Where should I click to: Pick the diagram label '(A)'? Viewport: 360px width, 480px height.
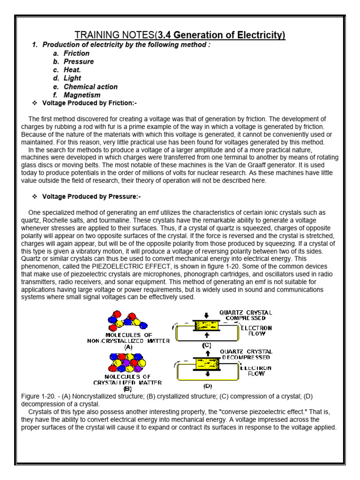(x=128, y=347)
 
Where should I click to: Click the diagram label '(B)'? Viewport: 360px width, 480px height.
(x=127, y=389)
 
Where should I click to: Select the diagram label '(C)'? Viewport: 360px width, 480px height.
(x=207, y=345)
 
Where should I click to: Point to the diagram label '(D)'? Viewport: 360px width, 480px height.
(x=207, y=386)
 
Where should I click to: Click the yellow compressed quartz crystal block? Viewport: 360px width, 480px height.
(x=207, y=326)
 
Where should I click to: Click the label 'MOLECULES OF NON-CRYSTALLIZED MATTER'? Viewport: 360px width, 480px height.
(x=128, y=337)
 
